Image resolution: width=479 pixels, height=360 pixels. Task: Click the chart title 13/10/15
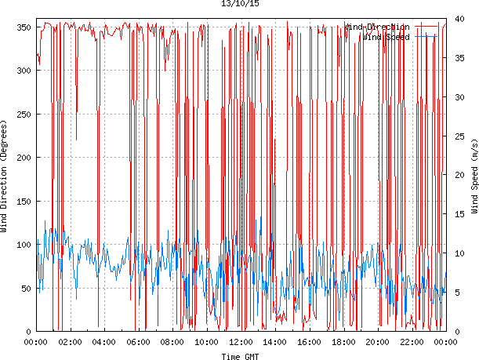[x=240, y=5]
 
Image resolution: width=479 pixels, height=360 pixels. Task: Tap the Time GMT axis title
[x=240, y=356]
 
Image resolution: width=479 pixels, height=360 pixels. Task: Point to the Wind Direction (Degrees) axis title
[x=5, y=178]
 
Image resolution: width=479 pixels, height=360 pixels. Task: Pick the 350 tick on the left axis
[x=23, y=27]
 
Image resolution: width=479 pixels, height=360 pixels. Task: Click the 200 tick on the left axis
[x=23, y=158]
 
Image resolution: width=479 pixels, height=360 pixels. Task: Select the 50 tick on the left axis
[x=25, y=289]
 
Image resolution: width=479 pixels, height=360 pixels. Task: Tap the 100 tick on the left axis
[x=23, y=245]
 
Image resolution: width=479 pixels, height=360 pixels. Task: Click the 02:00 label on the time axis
[x=70, y=342]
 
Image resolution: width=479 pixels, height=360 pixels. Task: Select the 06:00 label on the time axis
[x=138, y=342]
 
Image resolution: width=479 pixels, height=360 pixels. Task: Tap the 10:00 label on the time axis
[x=207, y=342]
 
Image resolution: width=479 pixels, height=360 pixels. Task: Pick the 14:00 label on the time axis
[x=275, y=342]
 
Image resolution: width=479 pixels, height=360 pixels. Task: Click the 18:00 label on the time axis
[x=343, y=342]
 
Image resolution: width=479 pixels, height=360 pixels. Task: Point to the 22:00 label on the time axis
[x=412, y=342]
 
